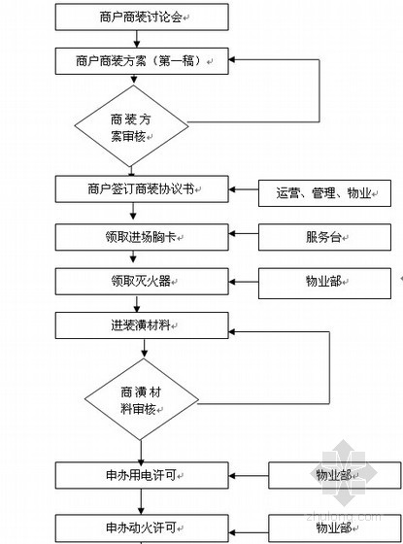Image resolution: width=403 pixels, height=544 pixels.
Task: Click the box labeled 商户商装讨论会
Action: point(142,17)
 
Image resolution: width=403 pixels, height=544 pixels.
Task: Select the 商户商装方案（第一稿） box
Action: point(142,61)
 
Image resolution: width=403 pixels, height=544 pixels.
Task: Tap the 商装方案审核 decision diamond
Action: point(131,126)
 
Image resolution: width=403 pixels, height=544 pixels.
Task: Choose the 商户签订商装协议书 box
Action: point(142,189)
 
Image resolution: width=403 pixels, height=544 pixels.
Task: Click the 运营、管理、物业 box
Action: point(324,193)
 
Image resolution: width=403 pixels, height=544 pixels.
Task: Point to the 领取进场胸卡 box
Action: point(142,237)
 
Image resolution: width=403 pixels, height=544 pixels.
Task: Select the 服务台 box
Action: point(324,237)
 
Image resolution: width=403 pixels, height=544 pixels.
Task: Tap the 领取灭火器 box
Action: point(142,282)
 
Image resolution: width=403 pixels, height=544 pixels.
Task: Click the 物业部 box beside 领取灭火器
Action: point(324,283)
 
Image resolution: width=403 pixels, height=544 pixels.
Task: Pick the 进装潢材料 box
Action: point(142,325)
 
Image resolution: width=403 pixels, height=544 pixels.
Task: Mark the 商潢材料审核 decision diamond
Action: point(142,399)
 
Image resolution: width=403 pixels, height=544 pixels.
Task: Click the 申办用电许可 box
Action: point(142,475)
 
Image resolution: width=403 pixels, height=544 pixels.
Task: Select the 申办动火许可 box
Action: point(142,529)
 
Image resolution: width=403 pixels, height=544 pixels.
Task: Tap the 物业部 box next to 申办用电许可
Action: point(335,475)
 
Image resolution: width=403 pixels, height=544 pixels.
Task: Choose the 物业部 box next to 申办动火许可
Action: point(335,529)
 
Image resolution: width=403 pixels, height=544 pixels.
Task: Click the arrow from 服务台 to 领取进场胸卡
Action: point(244,234)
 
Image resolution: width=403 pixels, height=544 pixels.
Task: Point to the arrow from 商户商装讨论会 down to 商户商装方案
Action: point(137,39)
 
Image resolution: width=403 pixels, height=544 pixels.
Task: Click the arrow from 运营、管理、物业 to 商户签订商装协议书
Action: point(244,189)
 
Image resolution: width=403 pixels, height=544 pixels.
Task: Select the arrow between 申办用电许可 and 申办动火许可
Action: point(141,501)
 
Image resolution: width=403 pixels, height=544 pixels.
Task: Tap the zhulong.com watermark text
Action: point(344,517)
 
